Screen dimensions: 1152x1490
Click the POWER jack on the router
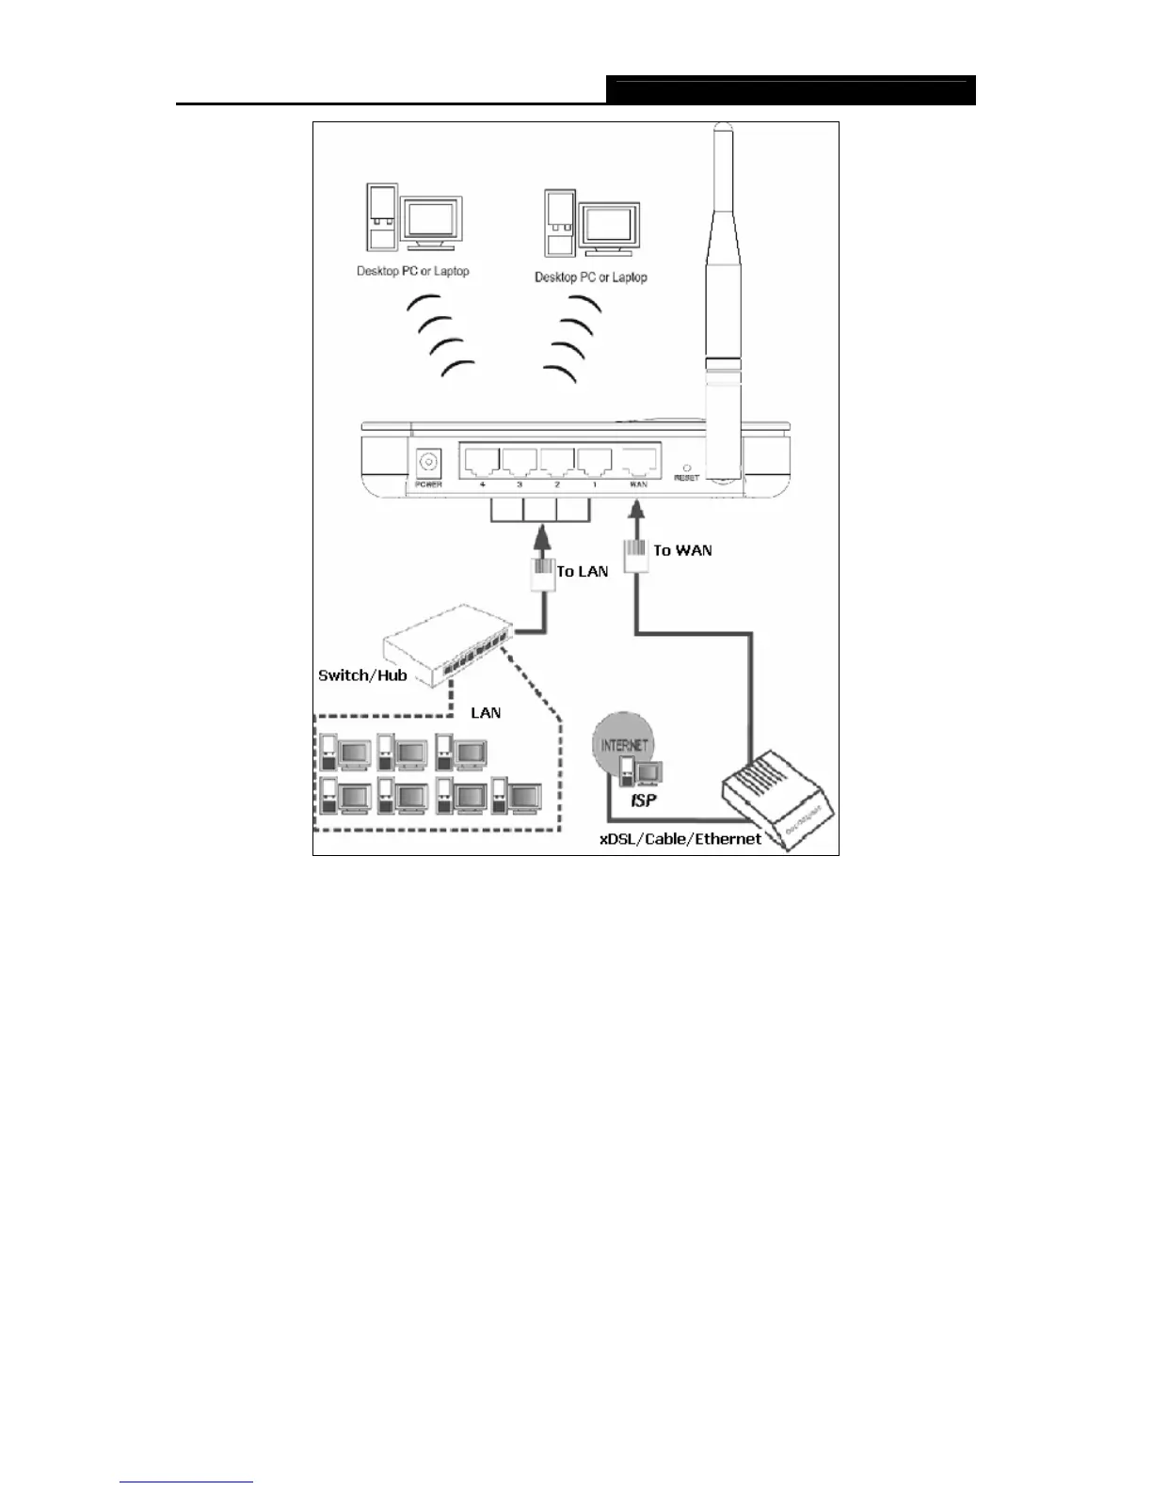[429, 464]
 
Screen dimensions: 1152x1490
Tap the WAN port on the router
[638, 462]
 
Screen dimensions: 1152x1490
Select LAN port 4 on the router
[481, 462]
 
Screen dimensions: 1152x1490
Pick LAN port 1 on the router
[594, 462]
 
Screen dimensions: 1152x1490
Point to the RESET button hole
[686, 468]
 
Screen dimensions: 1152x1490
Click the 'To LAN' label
[583, 571]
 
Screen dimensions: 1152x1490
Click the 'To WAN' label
[682, 550]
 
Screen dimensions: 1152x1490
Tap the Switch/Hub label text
[362, 675]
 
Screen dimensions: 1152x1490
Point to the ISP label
[643, 800]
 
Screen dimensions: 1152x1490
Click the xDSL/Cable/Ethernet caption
[680, 838]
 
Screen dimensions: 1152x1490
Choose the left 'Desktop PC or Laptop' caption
[412, 271]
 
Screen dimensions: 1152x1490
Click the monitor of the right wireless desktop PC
[611, 226]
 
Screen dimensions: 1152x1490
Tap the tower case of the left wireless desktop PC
[382, 217]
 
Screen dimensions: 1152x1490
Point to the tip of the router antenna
[722, 126]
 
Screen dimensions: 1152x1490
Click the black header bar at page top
[791, 90]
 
